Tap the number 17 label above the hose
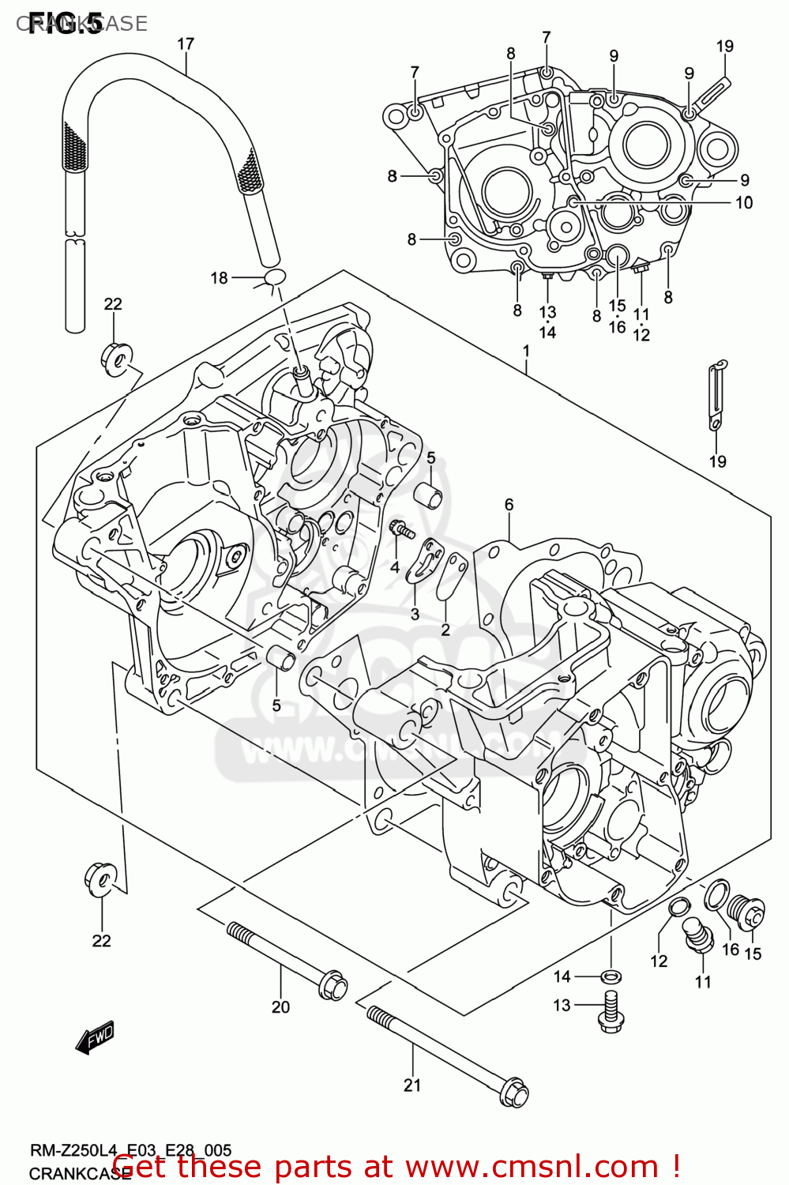click(186, 44)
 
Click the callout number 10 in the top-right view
click(743, 203)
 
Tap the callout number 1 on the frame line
click(526, 350)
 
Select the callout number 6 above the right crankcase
click(509, 505)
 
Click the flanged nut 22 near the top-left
click(115, 357)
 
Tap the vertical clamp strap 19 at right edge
click(716, 395)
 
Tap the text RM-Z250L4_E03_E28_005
click(130, 1151)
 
